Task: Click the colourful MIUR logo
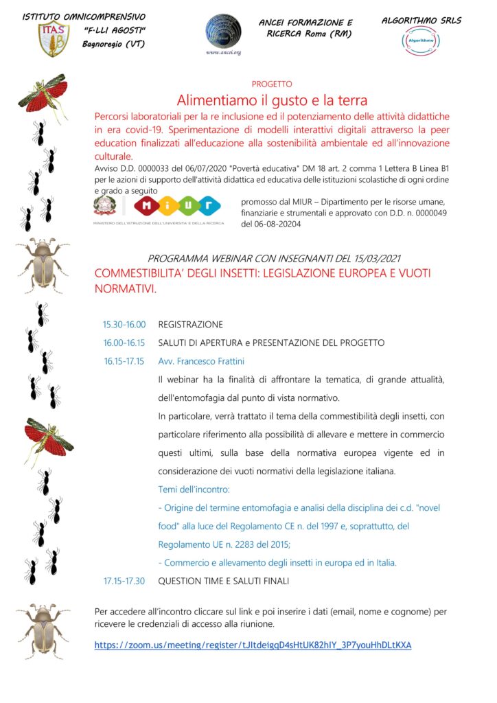click(177, 206)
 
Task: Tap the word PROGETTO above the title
click(272, 84)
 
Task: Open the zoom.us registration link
click(253, 645)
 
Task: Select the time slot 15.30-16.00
click(124, 325)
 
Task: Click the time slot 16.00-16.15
click(124, 343)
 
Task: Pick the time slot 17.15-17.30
click(124, 581)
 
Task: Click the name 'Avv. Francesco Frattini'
click(201, 361)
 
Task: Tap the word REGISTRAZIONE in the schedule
click(191, 325)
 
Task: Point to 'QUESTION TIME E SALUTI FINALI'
click(224, 581)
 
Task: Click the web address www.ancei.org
click(222, 52)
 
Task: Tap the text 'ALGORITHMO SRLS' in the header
click(421, 21)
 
